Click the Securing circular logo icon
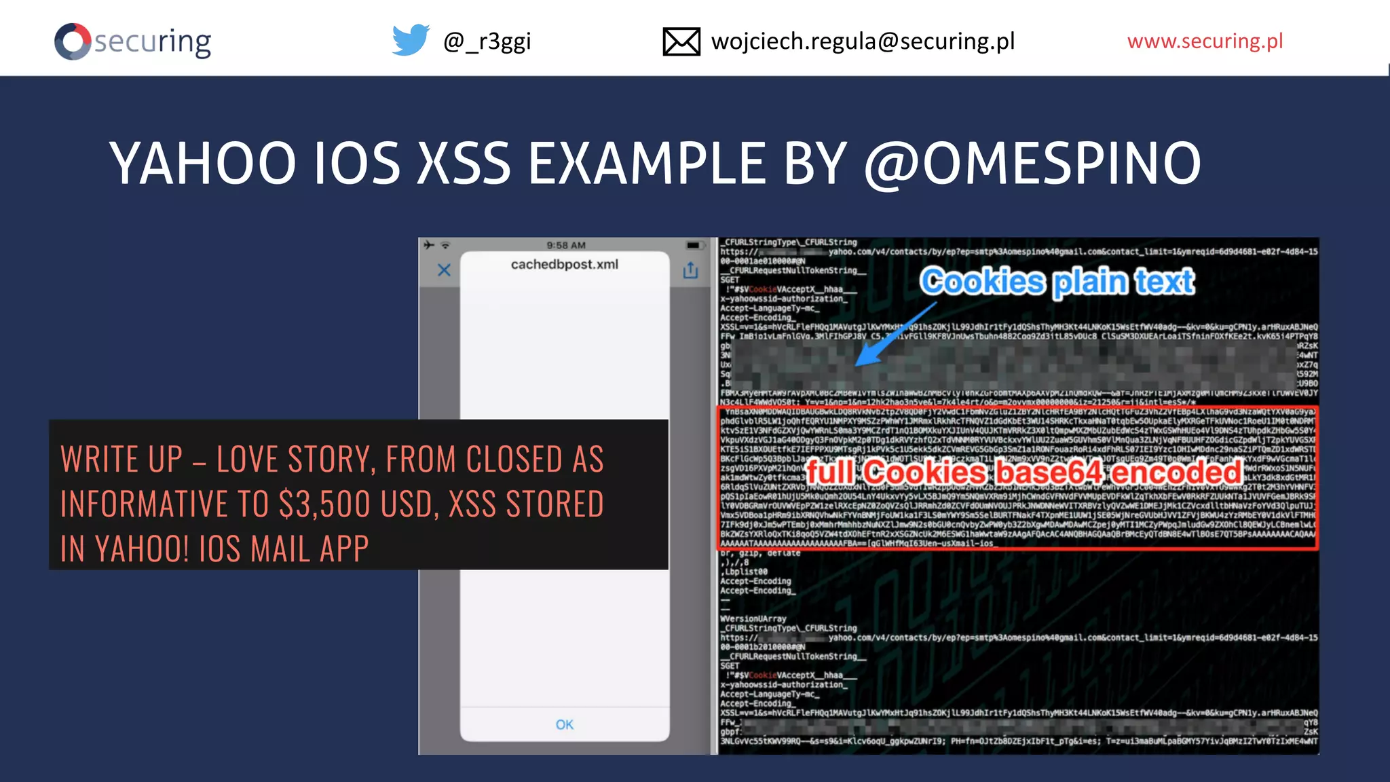[73, 41]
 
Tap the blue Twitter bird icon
[411, 40]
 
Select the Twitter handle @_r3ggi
[487, 41]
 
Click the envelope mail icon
[681, 41]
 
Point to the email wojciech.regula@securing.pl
[863, 41]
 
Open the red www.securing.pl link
[1205, 41]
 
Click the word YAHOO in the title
[203, 164]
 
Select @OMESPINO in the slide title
[1032, 164]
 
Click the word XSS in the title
[464, 164]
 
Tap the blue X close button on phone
[444, 270]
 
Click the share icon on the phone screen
[690, 270]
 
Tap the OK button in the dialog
[564, 724]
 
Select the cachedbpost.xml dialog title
[564, 264]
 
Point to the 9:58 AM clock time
[565, 245]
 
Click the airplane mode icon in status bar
[429, 245]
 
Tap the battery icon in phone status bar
[693, 245]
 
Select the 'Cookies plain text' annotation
[1057, 281]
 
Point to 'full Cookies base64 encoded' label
[1023, 472]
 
